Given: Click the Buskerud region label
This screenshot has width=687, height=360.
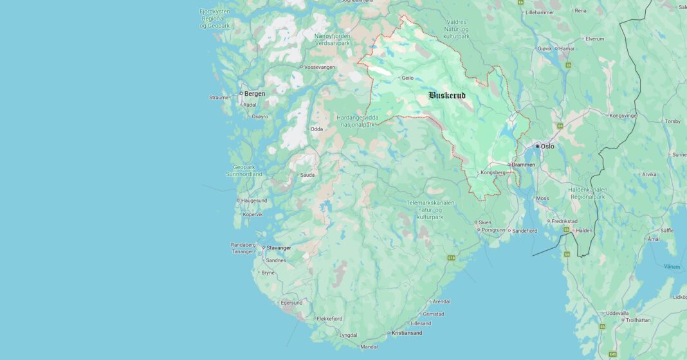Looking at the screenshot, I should coord(447,96).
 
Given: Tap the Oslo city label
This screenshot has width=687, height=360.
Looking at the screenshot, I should coord(547,147).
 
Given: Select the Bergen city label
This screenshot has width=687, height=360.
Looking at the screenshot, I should coord(255,94).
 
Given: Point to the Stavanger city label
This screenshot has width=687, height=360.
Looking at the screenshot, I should coord(279,248).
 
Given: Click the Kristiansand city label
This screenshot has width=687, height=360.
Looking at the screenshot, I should coord(407,333).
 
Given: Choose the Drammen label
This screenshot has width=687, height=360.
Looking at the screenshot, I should coord(524,165).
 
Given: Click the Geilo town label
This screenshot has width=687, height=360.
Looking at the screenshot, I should coord(407,78).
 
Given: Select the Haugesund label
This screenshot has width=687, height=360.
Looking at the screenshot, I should coord(253,201).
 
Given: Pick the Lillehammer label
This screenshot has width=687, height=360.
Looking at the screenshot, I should coord(540,12).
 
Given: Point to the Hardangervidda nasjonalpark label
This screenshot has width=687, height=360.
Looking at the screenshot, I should coord(357,120).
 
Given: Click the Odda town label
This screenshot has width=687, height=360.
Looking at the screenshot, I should coord(316,129).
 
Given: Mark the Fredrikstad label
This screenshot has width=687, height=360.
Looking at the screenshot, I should coord(565,221).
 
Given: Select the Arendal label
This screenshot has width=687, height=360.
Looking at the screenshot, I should coord(441,301).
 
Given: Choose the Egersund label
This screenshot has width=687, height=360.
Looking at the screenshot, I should coord(291,303).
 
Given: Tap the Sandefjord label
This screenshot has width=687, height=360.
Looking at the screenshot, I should coord(524,231).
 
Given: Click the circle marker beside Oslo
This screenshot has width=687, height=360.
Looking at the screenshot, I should coord(538,147).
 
